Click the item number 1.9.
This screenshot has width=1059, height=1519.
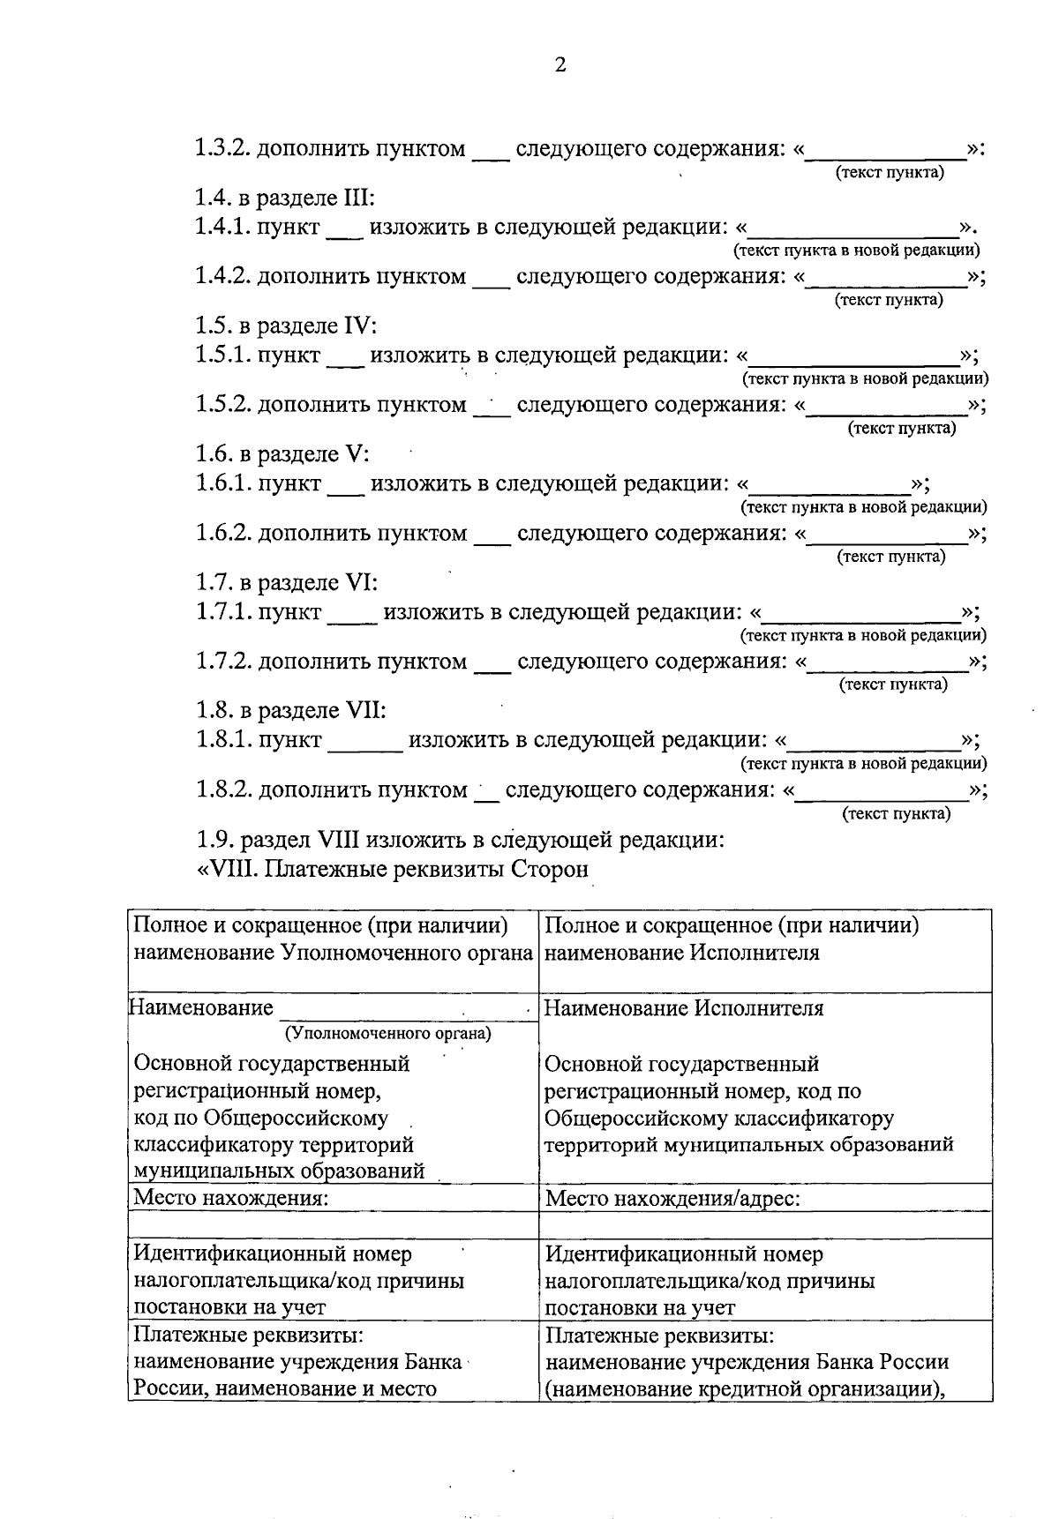[214, 839]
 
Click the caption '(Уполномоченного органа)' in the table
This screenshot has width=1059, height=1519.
[387, 1033]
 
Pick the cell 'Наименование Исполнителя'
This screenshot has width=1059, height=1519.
[684, 1008]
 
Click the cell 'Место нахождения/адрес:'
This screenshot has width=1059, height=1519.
[672, 1199]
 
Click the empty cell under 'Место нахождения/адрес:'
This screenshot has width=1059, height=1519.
[764, 1224]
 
